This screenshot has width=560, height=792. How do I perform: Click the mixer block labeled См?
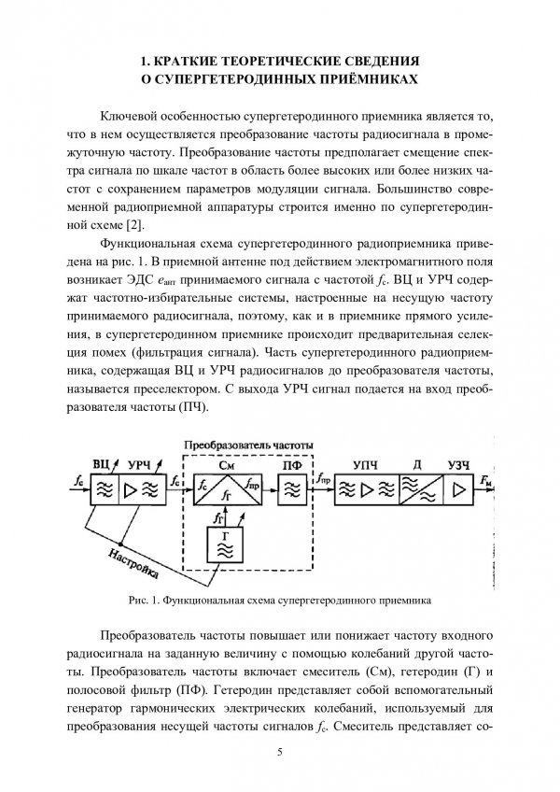click(x=226, y=487)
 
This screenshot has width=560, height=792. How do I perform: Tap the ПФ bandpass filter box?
click(x=290, y=487)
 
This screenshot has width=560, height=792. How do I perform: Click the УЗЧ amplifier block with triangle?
click(x=458, y=487)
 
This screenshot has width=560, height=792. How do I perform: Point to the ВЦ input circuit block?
click(x=105, y=487)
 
